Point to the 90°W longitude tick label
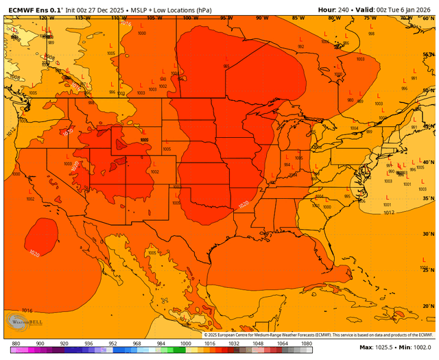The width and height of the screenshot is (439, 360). (262, 17)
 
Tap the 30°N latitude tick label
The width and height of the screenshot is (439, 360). (428, 234)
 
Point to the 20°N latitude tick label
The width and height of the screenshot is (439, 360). (428, 306)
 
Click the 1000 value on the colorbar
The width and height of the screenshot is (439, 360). (185, 343)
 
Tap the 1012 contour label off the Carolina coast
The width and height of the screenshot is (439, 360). (389, 213)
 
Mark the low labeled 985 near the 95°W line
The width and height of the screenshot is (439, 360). (226, 67)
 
